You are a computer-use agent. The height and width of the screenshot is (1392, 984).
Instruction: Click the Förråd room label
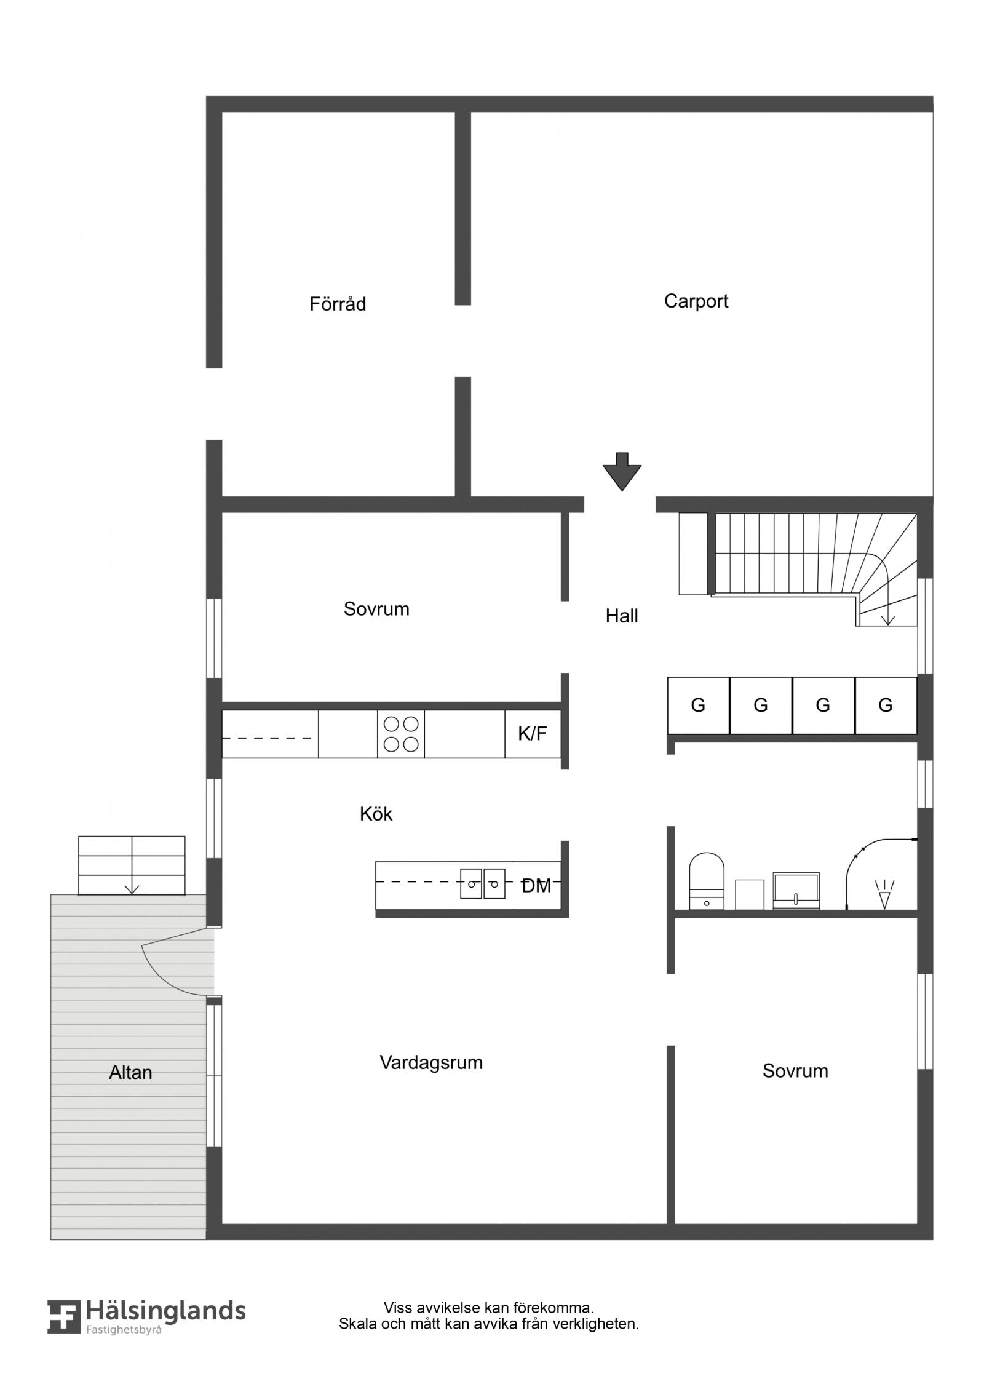point(338,304)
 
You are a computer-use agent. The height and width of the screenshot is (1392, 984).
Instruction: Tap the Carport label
point(696,301)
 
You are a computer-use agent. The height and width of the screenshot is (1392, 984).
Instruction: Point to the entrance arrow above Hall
point(622,472)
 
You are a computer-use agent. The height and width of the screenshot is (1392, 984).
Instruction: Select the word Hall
point(622,616)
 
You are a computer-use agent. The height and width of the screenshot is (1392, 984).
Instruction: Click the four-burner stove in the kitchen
point(401,734)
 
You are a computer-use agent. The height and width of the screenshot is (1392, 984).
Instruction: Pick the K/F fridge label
point(533,733)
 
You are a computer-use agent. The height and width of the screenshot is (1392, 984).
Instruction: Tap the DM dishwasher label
point(536,886)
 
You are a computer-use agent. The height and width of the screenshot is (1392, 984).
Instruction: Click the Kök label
point(376,814)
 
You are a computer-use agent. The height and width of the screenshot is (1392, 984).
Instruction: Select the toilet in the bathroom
point(707,880)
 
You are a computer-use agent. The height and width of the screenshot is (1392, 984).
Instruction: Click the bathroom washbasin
point(796,891)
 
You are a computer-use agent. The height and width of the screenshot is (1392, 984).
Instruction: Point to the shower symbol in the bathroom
point(884,894)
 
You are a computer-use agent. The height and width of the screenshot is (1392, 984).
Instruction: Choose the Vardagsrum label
point(431,1062)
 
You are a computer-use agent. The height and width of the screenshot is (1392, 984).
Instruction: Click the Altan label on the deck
point(130,1072)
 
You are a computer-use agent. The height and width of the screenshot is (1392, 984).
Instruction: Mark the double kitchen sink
point(483,883)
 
